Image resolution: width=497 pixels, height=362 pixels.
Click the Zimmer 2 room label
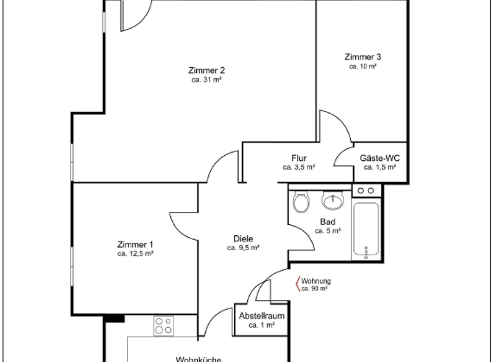point(207,70)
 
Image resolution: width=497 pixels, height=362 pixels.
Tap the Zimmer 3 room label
point(362,57)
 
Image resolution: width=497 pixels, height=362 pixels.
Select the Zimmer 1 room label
point(135,244)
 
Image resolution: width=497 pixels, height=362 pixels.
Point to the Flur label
point(298,158)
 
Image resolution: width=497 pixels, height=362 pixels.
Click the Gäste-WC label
point(380,158)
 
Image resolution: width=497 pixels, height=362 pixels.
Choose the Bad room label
point(327,222)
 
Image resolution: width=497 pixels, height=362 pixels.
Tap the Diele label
point(243,239)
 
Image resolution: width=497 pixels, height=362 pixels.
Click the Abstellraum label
point(262,317)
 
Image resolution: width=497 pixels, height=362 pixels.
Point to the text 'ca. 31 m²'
point(207,80)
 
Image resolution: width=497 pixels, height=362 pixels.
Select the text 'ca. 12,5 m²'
point(135,254)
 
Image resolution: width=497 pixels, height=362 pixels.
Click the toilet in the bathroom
point(300,203)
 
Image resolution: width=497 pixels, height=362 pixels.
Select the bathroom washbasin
point(333,201)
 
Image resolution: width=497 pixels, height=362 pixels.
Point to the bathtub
point(367,231)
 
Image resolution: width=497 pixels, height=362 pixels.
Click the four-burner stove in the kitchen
point(163,325)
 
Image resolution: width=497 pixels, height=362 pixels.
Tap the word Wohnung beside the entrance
point(316,281)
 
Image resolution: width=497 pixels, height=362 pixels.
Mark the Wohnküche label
point(199,359)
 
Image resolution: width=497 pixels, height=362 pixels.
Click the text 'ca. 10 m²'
point(362,66)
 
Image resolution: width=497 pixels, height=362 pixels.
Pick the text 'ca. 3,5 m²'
point(298,167)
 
